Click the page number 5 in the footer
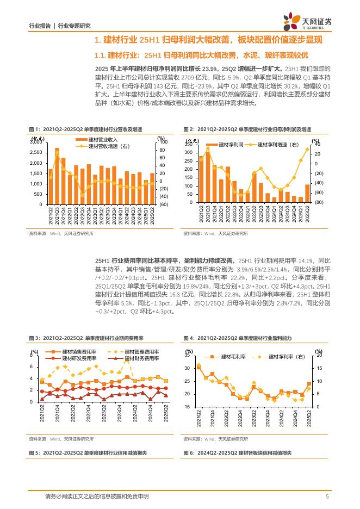[x=327, y=496]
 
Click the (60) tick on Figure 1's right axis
[x=162, y=204]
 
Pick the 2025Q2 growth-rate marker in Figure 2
[x=307, y=148]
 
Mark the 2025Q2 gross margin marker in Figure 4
[x=309, y=384]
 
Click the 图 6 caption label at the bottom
[x=188, y=452]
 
